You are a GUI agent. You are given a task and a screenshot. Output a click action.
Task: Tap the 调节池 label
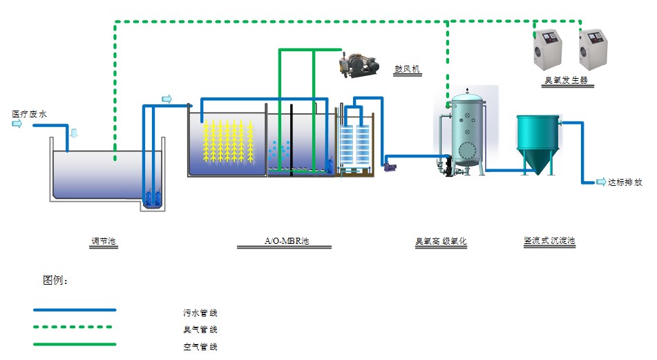tap(104, 242)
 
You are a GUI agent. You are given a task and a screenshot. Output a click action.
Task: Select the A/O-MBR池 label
tap(287, 242)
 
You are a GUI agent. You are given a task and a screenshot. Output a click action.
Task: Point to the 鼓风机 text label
tap(407, 69)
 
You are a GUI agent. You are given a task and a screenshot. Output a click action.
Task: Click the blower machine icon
tap(359, 64)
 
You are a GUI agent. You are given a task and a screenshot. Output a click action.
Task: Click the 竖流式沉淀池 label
tap(549, 241)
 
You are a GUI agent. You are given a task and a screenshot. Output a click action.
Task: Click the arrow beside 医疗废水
tap(17, 124)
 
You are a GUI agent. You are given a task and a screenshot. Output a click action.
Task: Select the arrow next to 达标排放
tap(600, 182)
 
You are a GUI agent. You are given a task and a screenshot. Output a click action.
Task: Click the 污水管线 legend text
tap(200, 313)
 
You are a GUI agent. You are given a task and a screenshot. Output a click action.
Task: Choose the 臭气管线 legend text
tap(200, 330)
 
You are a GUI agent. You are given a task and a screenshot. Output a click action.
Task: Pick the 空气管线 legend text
tap(200, 346)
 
